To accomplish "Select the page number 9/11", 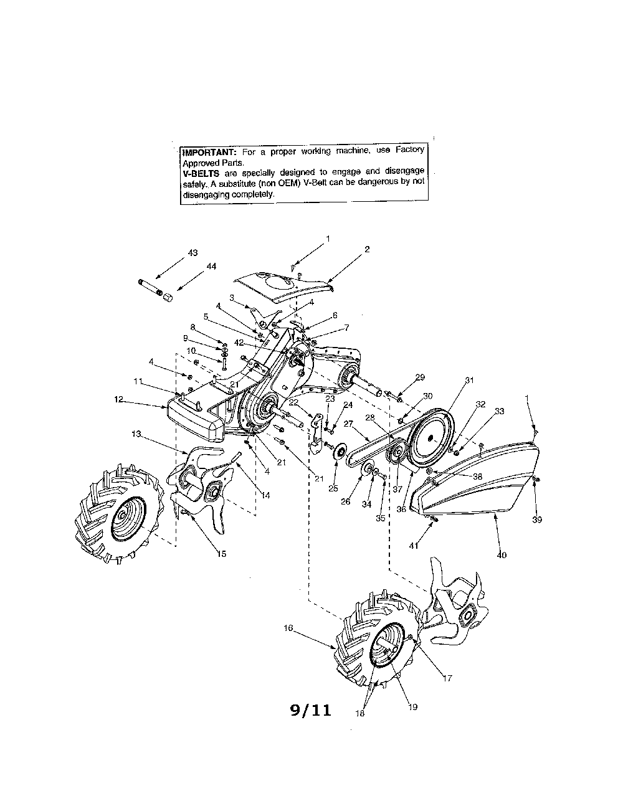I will (311, 710).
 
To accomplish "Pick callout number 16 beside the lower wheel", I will (288, 628).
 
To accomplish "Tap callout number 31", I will (469, 380).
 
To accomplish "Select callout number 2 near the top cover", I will (367, 249).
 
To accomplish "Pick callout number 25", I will (333, 489).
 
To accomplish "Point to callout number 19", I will (413, 706).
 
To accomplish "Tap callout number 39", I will (536, 501).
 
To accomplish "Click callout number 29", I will (420, 377).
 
